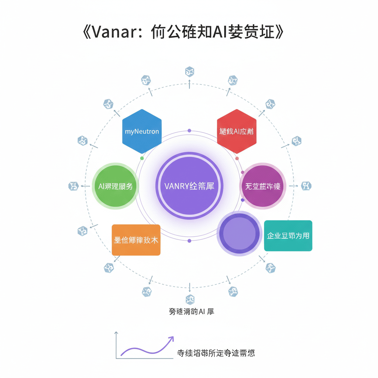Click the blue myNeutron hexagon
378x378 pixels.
pyautogui.click(x=142, y=131)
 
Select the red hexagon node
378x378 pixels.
pyautogui.click(x=237, y=131)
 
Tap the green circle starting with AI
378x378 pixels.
pyautogui.click(x=115, y=186)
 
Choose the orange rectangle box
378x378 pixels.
pyautogui.click(x=136, y=240)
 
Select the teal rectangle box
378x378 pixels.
pyautogui.click(x=288, y=236)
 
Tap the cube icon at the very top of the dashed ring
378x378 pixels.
pyautogui.click(x=190, y=71)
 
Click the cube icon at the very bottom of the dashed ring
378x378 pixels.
pyautogui.click(x=190, y=299)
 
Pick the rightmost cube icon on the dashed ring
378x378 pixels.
pyautogui.click(x=306, y=186)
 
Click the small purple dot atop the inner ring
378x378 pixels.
pyautogui.click(x=189, y=131)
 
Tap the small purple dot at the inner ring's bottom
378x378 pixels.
pyautogui.click(x=189, y=241)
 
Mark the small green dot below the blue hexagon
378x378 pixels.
pyautogui.click(x=142, y=158)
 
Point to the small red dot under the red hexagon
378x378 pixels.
pyautogui.click(x=237, y=158)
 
